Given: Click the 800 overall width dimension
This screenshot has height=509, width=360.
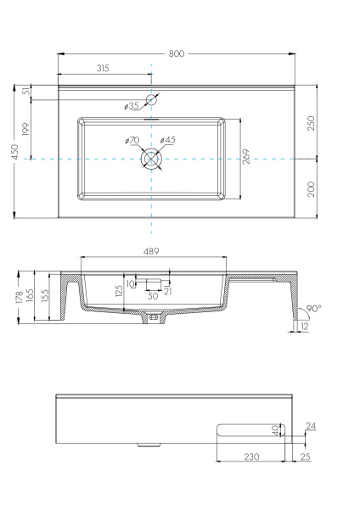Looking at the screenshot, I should (177, 53).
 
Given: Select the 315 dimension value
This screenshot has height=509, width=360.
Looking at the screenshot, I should (104, 68).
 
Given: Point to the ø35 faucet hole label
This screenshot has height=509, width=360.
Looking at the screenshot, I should (131, 106).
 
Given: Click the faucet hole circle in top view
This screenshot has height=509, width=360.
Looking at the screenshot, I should (151, 99).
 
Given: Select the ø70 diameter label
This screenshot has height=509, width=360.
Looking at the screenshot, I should (132, 140).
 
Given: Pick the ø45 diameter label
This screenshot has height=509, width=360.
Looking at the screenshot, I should (168, 140).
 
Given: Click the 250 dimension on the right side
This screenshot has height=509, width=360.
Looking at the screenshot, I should (312, 122).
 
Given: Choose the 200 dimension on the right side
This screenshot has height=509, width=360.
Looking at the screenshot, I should (312, 188).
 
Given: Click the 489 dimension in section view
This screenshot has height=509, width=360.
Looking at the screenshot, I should (151, 251).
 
